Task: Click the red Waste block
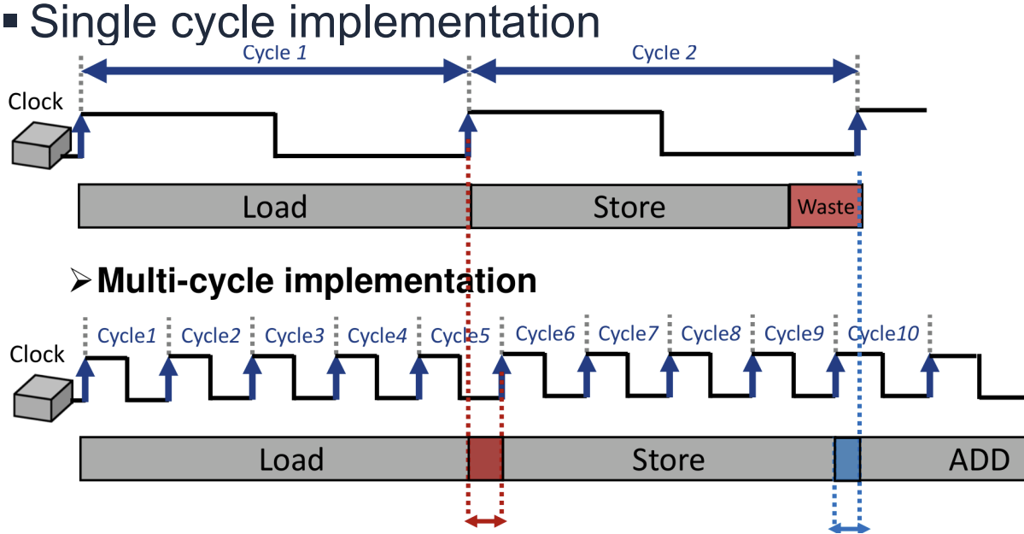825,206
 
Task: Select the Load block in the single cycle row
274,206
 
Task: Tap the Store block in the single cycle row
629,206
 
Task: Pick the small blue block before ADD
847,459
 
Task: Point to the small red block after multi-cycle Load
486,459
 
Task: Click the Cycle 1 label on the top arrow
274,53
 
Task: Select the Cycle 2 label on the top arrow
664,53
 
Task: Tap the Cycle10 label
883,335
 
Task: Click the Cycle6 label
544,334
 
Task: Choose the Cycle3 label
294,335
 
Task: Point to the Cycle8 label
711,334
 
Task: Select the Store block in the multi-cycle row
668,459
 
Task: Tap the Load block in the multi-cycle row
291,459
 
